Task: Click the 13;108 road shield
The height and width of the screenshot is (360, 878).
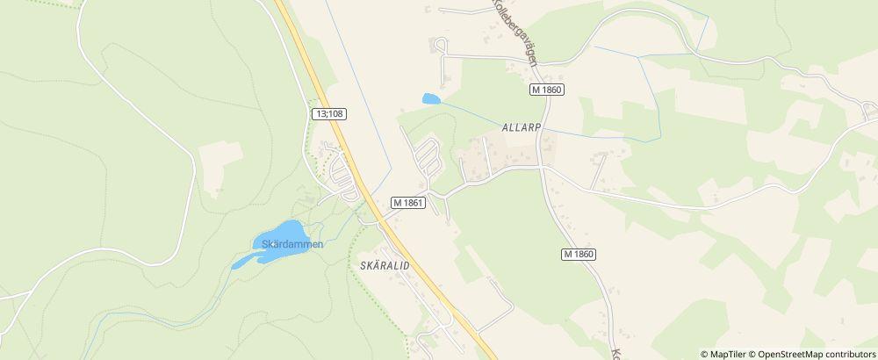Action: [328, 114]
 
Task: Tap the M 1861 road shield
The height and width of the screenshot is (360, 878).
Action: [409, 203]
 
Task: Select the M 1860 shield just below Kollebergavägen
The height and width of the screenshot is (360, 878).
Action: [546, 90]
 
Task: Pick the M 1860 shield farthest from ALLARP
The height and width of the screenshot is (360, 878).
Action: [579, 254]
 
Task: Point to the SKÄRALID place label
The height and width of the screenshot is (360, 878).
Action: [385, 264]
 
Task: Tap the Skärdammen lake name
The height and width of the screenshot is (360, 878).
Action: [288, 244]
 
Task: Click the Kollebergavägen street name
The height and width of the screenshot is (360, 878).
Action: [519, 35]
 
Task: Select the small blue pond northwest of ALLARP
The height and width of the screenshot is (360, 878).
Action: [430, 99]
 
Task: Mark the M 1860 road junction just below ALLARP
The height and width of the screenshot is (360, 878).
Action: [542, 167]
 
